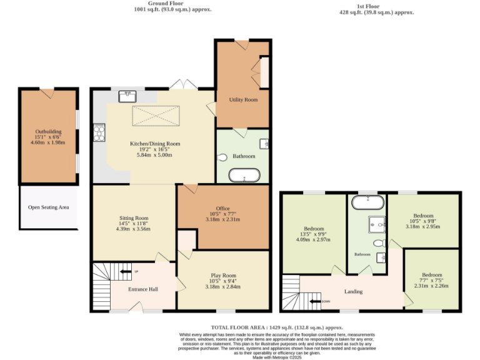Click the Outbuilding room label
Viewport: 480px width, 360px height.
(48, 132)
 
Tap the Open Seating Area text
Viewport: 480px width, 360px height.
(48, 207)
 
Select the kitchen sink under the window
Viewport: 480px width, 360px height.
(128, 96)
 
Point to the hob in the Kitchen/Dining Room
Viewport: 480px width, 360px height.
(99, 132)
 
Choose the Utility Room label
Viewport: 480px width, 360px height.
(243, 99)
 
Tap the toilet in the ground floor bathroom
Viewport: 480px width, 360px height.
(224, 157)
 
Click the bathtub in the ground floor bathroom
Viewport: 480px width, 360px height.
(244, 177)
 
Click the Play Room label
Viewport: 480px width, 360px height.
(223, 276)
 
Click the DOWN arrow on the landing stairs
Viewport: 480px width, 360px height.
(324, 302)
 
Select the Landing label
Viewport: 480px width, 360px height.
(354, 291)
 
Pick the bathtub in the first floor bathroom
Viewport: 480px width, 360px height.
(367, 202)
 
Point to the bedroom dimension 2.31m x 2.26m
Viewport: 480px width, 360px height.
(431, 286)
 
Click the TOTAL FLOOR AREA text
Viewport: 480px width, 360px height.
(277, 327)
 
